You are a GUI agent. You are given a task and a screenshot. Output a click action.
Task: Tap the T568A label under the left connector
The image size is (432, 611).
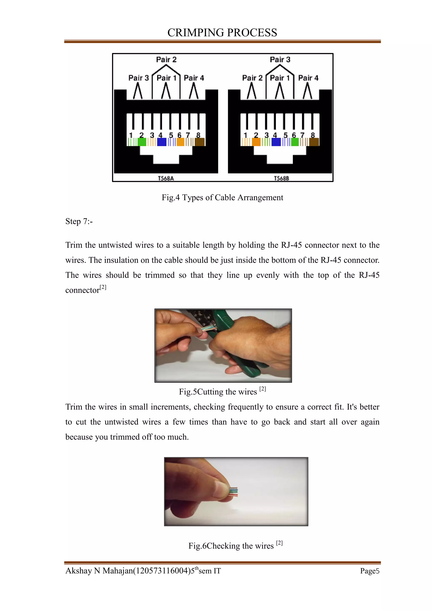pos(166,178)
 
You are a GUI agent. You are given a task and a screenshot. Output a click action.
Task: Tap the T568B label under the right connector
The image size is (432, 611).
pos(281,178)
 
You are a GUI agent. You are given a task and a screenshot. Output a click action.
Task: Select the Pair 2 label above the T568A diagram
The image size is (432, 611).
pos(166,60)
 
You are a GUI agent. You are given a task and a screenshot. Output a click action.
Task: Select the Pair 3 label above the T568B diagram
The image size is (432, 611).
pos(280,60)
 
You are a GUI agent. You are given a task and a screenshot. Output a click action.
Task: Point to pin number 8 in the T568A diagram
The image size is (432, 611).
pos(198,135)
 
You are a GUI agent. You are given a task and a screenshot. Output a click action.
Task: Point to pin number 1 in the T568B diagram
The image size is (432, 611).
pos(245,135)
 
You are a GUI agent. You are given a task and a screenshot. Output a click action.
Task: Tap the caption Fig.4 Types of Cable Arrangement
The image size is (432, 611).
pos(222,197)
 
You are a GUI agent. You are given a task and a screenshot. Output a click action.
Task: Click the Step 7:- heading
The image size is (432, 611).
pos(79,221)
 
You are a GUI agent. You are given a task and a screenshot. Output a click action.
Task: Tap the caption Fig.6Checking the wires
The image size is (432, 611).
pos(231,546)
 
